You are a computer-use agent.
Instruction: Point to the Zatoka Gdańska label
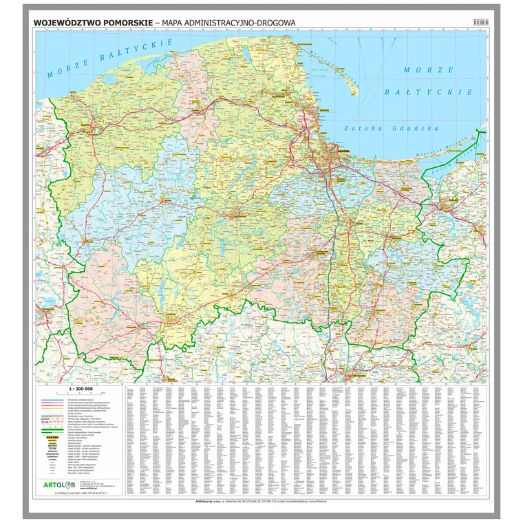point(390,129)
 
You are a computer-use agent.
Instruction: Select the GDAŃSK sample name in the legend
point(52,436)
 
